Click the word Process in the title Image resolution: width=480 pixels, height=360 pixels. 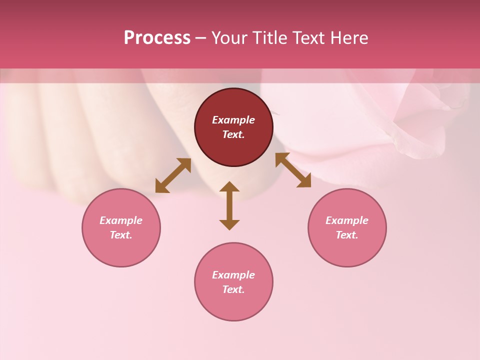point(157,38)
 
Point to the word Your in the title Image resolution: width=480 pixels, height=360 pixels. point(230,38)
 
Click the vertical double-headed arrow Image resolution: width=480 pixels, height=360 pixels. point(229,205)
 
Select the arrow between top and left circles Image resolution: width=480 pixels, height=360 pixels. point(173,175)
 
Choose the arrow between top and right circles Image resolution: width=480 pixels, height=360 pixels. point(293,170)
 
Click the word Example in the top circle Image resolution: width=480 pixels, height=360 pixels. point(233,120)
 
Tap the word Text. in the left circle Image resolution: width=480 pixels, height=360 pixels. point(121,235)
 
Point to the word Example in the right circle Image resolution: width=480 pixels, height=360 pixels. point(347,220)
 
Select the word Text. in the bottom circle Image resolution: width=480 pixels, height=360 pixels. point(233,289)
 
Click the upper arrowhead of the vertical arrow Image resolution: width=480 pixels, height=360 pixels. point(229,186)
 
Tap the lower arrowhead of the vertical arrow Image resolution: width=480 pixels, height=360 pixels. point(229,224)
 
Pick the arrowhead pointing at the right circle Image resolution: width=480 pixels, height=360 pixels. point(304,181)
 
